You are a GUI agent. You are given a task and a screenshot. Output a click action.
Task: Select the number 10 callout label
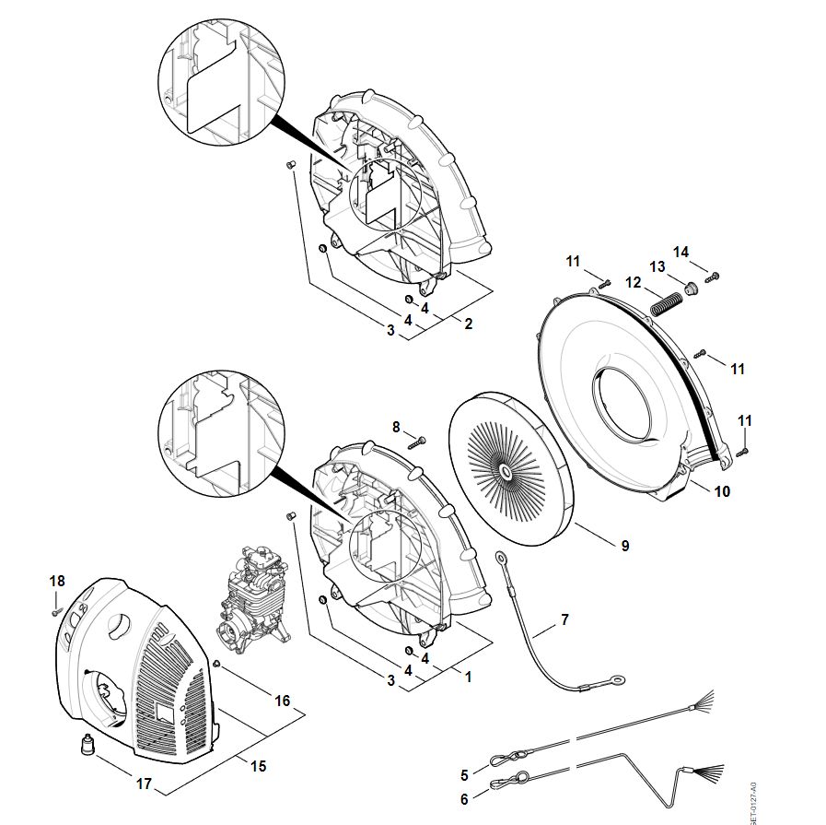coord(722,491)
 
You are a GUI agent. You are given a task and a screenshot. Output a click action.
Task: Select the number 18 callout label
coord(57,581)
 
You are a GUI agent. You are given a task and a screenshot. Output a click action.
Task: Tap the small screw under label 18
coord(55,609)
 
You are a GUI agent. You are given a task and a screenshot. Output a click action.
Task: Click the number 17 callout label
coord(144,784)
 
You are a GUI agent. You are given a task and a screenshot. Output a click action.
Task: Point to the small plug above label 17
coord(88,744)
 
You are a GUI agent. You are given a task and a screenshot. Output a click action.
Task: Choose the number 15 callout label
coord(259,766)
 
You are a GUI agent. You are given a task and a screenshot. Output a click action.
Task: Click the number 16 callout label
coord(283,701)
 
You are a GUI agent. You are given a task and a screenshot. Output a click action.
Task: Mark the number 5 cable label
coord(464,774)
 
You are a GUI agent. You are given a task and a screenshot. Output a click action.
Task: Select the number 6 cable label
coord(464,799)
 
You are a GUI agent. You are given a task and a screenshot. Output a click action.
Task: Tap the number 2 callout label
coord(468,324)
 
